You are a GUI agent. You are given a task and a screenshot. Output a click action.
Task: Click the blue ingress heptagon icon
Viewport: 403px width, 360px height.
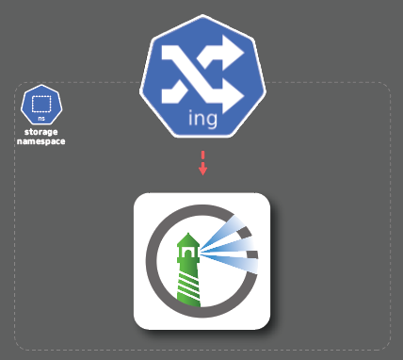tap(202, 76)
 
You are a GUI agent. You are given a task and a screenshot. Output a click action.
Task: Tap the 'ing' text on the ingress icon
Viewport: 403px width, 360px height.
tap(202, 119)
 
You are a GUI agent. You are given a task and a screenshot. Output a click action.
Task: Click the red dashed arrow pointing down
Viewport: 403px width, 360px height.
tap(203, 163)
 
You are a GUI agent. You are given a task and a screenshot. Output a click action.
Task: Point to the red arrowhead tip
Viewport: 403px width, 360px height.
tap(203, 175)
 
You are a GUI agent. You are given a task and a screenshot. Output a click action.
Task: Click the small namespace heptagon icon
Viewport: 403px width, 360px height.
tap(41, 105)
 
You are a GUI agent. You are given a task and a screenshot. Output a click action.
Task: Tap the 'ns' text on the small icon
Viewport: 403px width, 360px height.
tap(41, 119)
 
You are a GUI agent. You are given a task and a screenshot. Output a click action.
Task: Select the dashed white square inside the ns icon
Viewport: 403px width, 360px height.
tap(41, 104)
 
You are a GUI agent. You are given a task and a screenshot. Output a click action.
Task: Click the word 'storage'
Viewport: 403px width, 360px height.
tap(41, 132)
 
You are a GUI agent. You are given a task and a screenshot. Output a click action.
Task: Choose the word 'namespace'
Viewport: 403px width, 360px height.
tap(41, 141)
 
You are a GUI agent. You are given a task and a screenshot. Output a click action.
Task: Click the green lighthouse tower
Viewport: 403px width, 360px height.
tap(188, 270)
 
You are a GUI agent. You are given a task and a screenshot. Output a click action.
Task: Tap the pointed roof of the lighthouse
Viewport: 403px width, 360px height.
tap(188, 239)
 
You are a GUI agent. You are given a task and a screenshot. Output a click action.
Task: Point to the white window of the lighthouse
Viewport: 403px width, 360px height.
tap(188, 253)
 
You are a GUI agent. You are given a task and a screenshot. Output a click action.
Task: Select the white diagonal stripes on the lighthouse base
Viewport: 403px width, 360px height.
tap(188, 285)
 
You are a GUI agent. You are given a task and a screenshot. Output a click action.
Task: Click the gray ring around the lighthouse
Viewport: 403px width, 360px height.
tap(153, 261)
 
